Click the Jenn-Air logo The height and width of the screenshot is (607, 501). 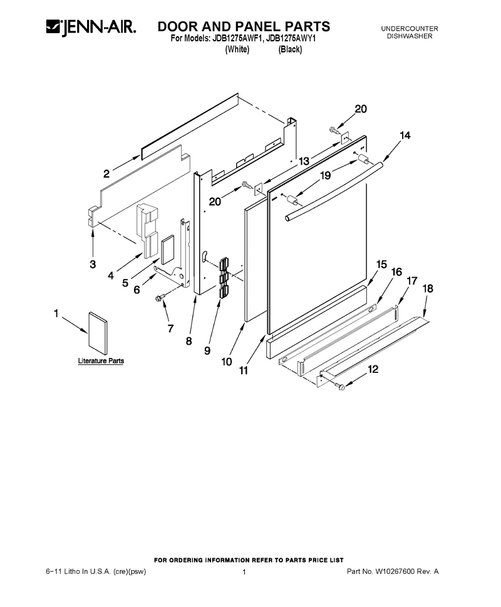(x=91, y=28)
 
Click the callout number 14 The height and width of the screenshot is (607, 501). (x=405, y=135)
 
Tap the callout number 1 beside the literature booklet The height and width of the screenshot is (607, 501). (x=56, y=313)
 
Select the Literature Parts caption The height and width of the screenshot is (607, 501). (x=101, y=361)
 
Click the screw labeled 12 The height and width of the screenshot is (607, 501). (x=341, y=385)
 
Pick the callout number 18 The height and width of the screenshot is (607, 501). (x=428, y=288)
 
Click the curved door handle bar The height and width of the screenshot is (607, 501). (x=334, y=192)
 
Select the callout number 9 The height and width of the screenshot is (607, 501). (x=207, y=350)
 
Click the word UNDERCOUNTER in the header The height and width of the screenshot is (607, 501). (x=410, y=29)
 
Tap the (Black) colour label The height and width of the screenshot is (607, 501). (x=290, y=49)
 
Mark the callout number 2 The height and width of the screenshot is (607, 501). (x=106, y=174)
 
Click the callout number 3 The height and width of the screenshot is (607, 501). (x=93, y=265)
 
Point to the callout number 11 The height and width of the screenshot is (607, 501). (x=243, y=370)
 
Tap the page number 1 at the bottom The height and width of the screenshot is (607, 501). (x=244, y=572)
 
